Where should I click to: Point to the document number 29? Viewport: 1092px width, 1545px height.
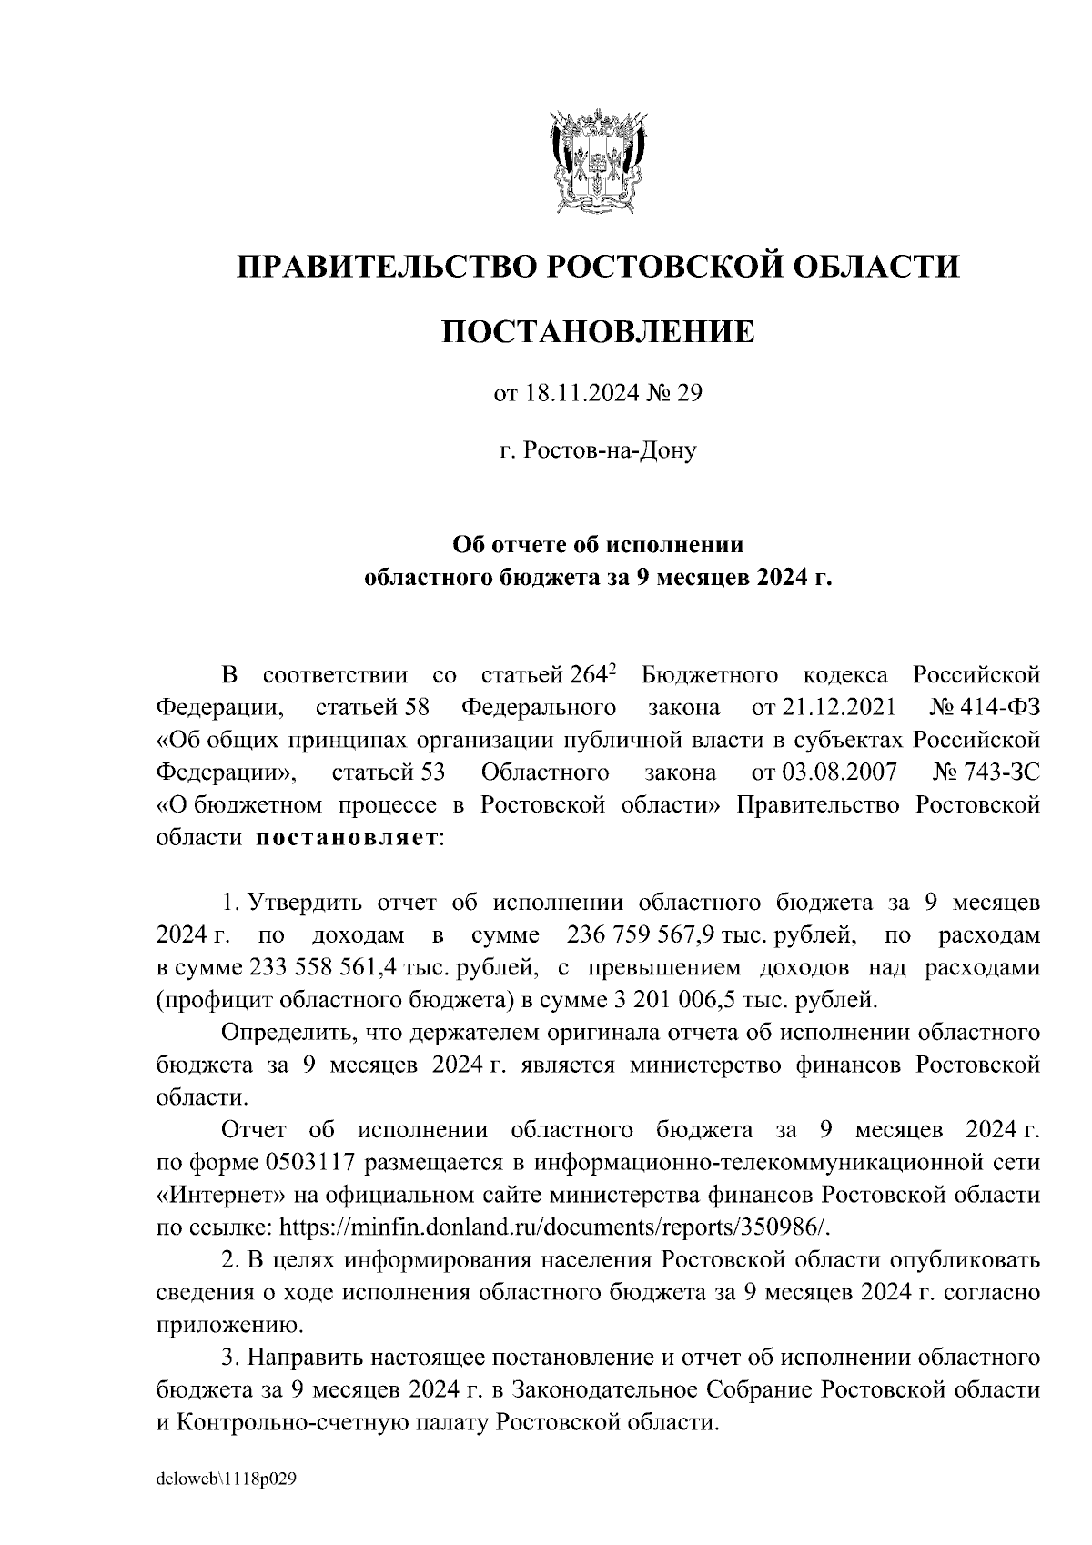point(691,395)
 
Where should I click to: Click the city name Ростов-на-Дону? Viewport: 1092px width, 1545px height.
point(608,449)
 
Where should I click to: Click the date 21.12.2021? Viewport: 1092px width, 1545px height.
point(838,708)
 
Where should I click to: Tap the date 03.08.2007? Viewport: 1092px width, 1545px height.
point(838,772)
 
